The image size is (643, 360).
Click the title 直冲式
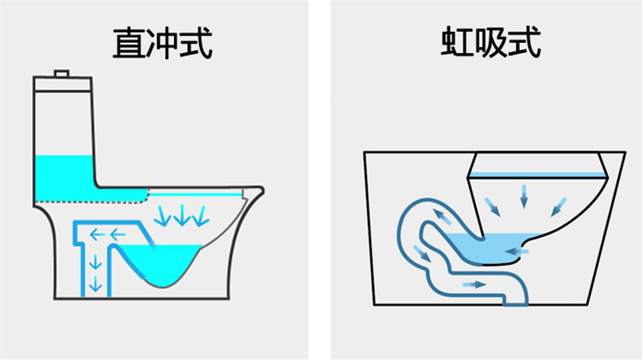coord(163,43)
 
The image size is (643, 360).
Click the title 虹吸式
coord(491,42)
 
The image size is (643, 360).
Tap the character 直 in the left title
coord(129,43)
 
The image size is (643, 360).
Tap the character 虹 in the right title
coord(457,42)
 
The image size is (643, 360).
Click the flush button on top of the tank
coord(61,73)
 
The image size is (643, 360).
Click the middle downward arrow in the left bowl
coord(182,216)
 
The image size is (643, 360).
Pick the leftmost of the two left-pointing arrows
coord(97,235)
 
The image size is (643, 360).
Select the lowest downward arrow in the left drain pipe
coord(95,284)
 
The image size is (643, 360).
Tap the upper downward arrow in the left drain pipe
coord(95,262)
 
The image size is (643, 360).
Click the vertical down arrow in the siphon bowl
coord(523,197)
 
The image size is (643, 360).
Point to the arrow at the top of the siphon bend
coord(443,216)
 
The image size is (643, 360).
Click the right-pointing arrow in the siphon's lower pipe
coord(474,284)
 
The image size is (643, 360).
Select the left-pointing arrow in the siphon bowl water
coord(517,251)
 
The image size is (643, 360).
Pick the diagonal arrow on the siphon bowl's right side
coord(558,206)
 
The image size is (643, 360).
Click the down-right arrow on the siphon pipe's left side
coord(422,253)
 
